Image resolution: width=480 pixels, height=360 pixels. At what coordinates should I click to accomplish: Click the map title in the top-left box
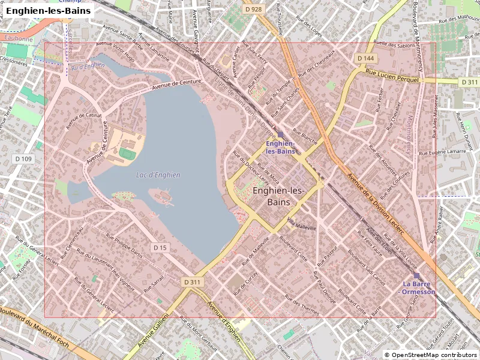[x=49, y=11]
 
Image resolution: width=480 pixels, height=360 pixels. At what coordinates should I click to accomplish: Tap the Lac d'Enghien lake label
[x=158, y=175]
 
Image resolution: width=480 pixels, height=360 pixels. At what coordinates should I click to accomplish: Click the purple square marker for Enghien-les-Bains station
[x=280, y=134]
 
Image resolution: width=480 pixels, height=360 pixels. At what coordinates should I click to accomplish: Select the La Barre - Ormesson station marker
[x=416, y=275]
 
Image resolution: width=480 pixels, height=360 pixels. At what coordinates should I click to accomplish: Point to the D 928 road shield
[x=254, y=9]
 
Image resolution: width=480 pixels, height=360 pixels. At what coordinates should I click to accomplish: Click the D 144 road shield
[x=365, y=58]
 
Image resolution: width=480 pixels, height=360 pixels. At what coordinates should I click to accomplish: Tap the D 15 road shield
[x=160, y=247]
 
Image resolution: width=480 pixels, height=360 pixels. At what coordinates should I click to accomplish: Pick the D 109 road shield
[x=23, y=158]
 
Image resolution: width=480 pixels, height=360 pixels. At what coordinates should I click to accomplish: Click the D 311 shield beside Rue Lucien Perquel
[x=469, y=82]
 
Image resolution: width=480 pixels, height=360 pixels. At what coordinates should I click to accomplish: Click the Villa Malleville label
[x=301, y=224]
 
